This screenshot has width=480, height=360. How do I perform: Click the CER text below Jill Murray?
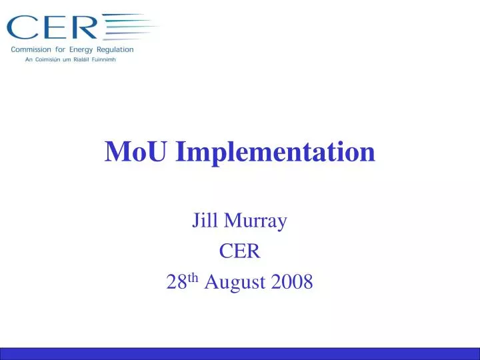(x=239, y=251)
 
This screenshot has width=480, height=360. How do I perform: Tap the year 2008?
(x=292, y=283)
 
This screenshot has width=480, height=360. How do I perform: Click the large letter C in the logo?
(x=22, y=28)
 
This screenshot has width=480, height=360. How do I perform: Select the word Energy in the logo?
(x=83, y=49)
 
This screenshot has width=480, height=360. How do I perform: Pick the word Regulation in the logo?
(x=116, y=49)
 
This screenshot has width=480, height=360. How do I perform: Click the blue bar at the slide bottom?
(x=240, y=354)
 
